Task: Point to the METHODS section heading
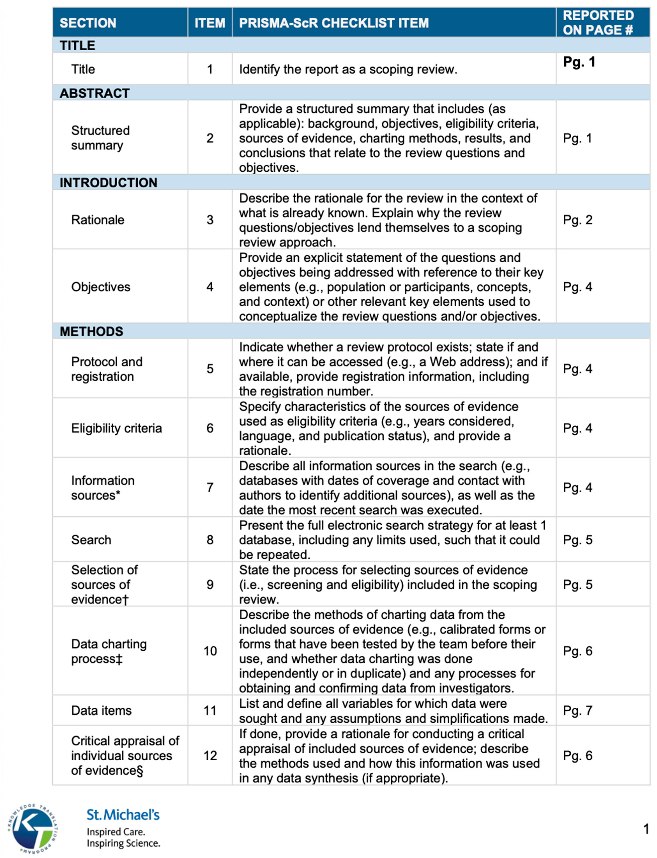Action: (x=91, y=331)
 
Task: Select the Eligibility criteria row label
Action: (x=116, y=428)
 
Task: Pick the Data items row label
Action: (x=101, y=711)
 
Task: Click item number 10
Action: (x=210, y=651)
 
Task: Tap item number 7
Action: (x=210, y=487)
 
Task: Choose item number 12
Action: (x=210, y=755)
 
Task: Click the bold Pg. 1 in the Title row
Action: (x=579, y=62)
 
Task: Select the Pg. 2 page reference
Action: (x=578, y=220)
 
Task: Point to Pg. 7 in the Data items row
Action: (x=578, y=711)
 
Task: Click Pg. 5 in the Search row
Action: (x=578, y=540)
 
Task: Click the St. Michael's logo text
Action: (x=123, y=815)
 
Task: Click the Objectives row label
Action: (x=101, y=287)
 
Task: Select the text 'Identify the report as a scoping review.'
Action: (x=348, y=69)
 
